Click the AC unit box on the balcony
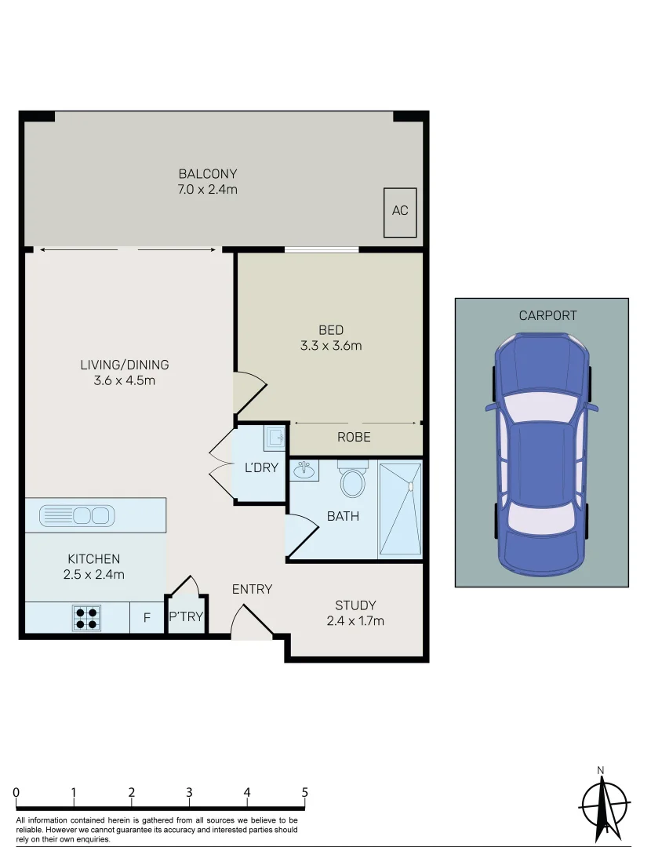click(x=400, y=212)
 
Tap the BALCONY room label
click(x=208, y=174)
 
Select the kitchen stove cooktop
click(x=87, y=618)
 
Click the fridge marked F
click(x=147, y=618)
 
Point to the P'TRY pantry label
click(x=186, y=617)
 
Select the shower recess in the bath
click(x=400, y=510)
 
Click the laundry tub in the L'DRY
click(x=275, y=437)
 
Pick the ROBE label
click(x=354, y=437)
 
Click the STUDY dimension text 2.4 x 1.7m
click(x=355, y=621)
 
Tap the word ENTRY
click(x=252, y=589)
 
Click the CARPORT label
click(x=547, y=315)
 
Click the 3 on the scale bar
click(x=189, y=792)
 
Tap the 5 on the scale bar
click(x=304, y=792)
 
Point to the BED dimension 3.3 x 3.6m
click(x=330, y=345)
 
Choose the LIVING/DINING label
click(x=124, y=365)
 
